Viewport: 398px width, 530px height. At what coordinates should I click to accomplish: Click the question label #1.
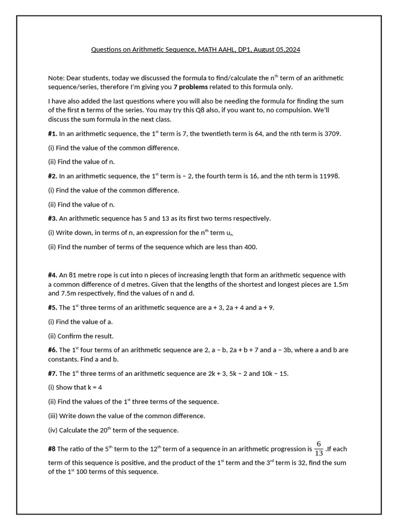pos(52,134)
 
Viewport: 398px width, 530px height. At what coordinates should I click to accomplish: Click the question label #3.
pos(52,218)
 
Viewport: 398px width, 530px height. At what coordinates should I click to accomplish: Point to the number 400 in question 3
pos(249,247)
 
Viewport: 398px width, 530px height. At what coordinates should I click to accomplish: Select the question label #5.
pos(52,307)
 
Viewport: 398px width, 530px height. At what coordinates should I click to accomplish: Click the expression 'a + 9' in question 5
pos(265,307)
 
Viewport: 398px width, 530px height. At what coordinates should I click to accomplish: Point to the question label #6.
pos(52,350)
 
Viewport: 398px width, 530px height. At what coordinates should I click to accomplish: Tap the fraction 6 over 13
pos(319,449)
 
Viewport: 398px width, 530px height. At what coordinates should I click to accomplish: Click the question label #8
pos(52,449)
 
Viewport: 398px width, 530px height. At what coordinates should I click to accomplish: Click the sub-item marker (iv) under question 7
pos(52,430)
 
